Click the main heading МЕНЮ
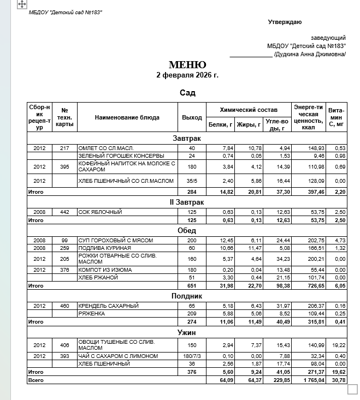187,64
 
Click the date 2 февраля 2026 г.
187,75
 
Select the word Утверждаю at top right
285,22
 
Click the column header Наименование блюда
127,117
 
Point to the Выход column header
192,117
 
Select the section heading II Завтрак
187,202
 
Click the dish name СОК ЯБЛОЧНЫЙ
100,212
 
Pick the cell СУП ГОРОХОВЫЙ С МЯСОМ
115,240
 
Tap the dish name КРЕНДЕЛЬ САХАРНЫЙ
108,306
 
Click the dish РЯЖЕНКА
92,313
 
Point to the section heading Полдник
187,296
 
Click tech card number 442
64,212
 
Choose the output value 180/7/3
192,356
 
